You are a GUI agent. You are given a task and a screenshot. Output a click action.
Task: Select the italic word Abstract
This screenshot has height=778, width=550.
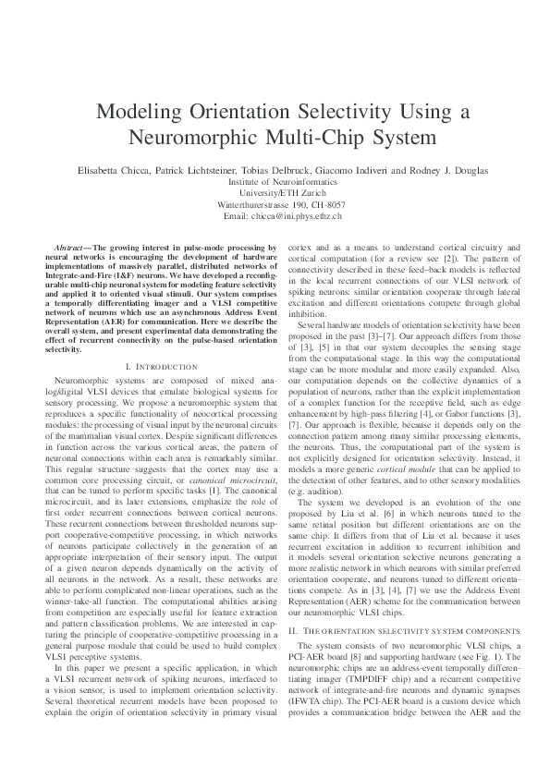click(x=74, y=249)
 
